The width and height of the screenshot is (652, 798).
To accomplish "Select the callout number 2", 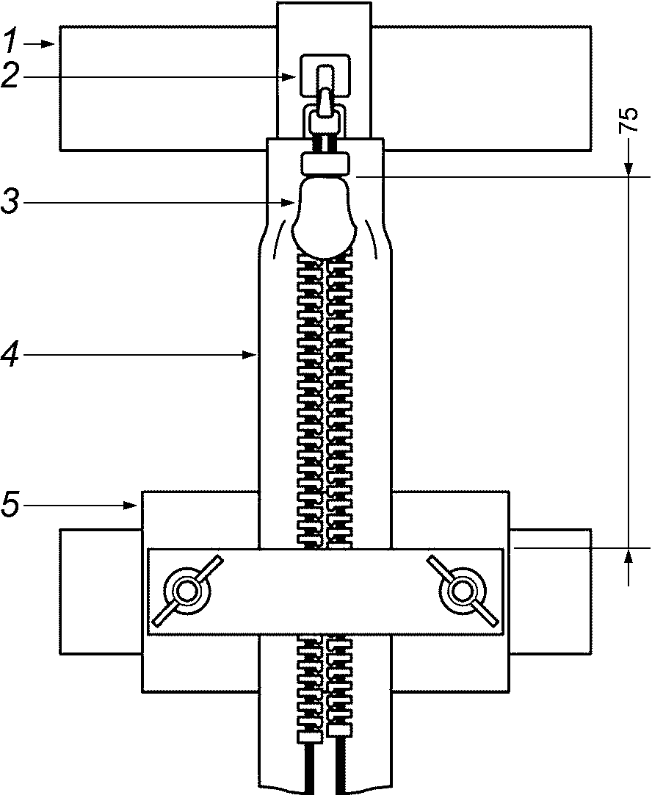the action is tap(11, 77).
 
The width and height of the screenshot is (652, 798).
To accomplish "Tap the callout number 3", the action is tap(11, 201).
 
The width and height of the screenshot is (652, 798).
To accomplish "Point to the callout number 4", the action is tap(10, 355).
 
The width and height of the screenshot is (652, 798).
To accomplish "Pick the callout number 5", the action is tap(11, 504).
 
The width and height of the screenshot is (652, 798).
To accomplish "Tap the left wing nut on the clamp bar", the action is tap(186, 591).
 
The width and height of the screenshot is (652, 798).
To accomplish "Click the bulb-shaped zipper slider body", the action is tap(324, 216).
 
